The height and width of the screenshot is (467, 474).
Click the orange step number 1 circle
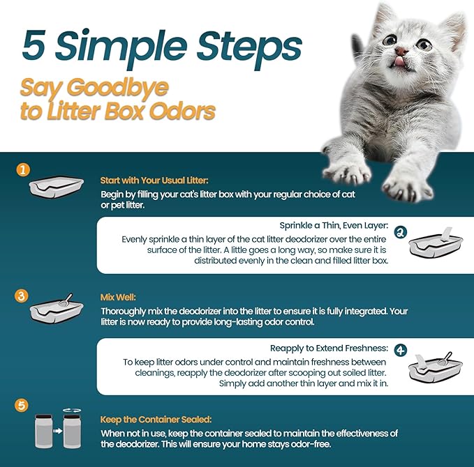click(x=23, y=170)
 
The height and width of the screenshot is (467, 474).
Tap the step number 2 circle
click(x=401, y=232)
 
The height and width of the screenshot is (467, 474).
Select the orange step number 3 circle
click(x=22, y=296)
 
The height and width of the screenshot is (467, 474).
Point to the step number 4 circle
click(x=401, y=350)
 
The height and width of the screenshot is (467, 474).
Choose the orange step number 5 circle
click(x=22, y=405)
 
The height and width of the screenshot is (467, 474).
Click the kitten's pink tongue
click(x=399, y=61)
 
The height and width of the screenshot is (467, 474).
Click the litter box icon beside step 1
click(x=57, y=187)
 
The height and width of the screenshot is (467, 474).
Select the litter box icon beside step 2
click(x=436, y=243)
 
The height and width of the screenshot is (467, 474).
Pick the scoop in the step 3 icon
click(x=66, y=300)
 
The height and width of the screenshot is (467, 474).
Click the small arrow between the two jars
click(x=57, y=431)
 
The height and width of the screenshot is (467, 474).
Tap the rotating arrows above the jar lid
click(x=72, y=411)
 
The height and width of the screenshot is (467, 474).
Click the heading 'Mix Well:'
click(x=118, y=298)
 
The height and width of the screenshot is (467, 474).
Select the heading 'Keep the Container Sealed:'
click(x=156, y=420)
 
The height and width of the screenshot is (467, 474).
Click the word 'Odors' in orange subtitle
click(x=183, y=111)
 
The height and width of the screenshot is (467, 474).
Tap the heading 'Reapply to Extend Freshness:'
click(x=329, y=349)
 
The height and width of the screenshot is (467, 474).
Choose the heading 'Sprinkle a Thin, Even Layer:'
click(x=334, y=226)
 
